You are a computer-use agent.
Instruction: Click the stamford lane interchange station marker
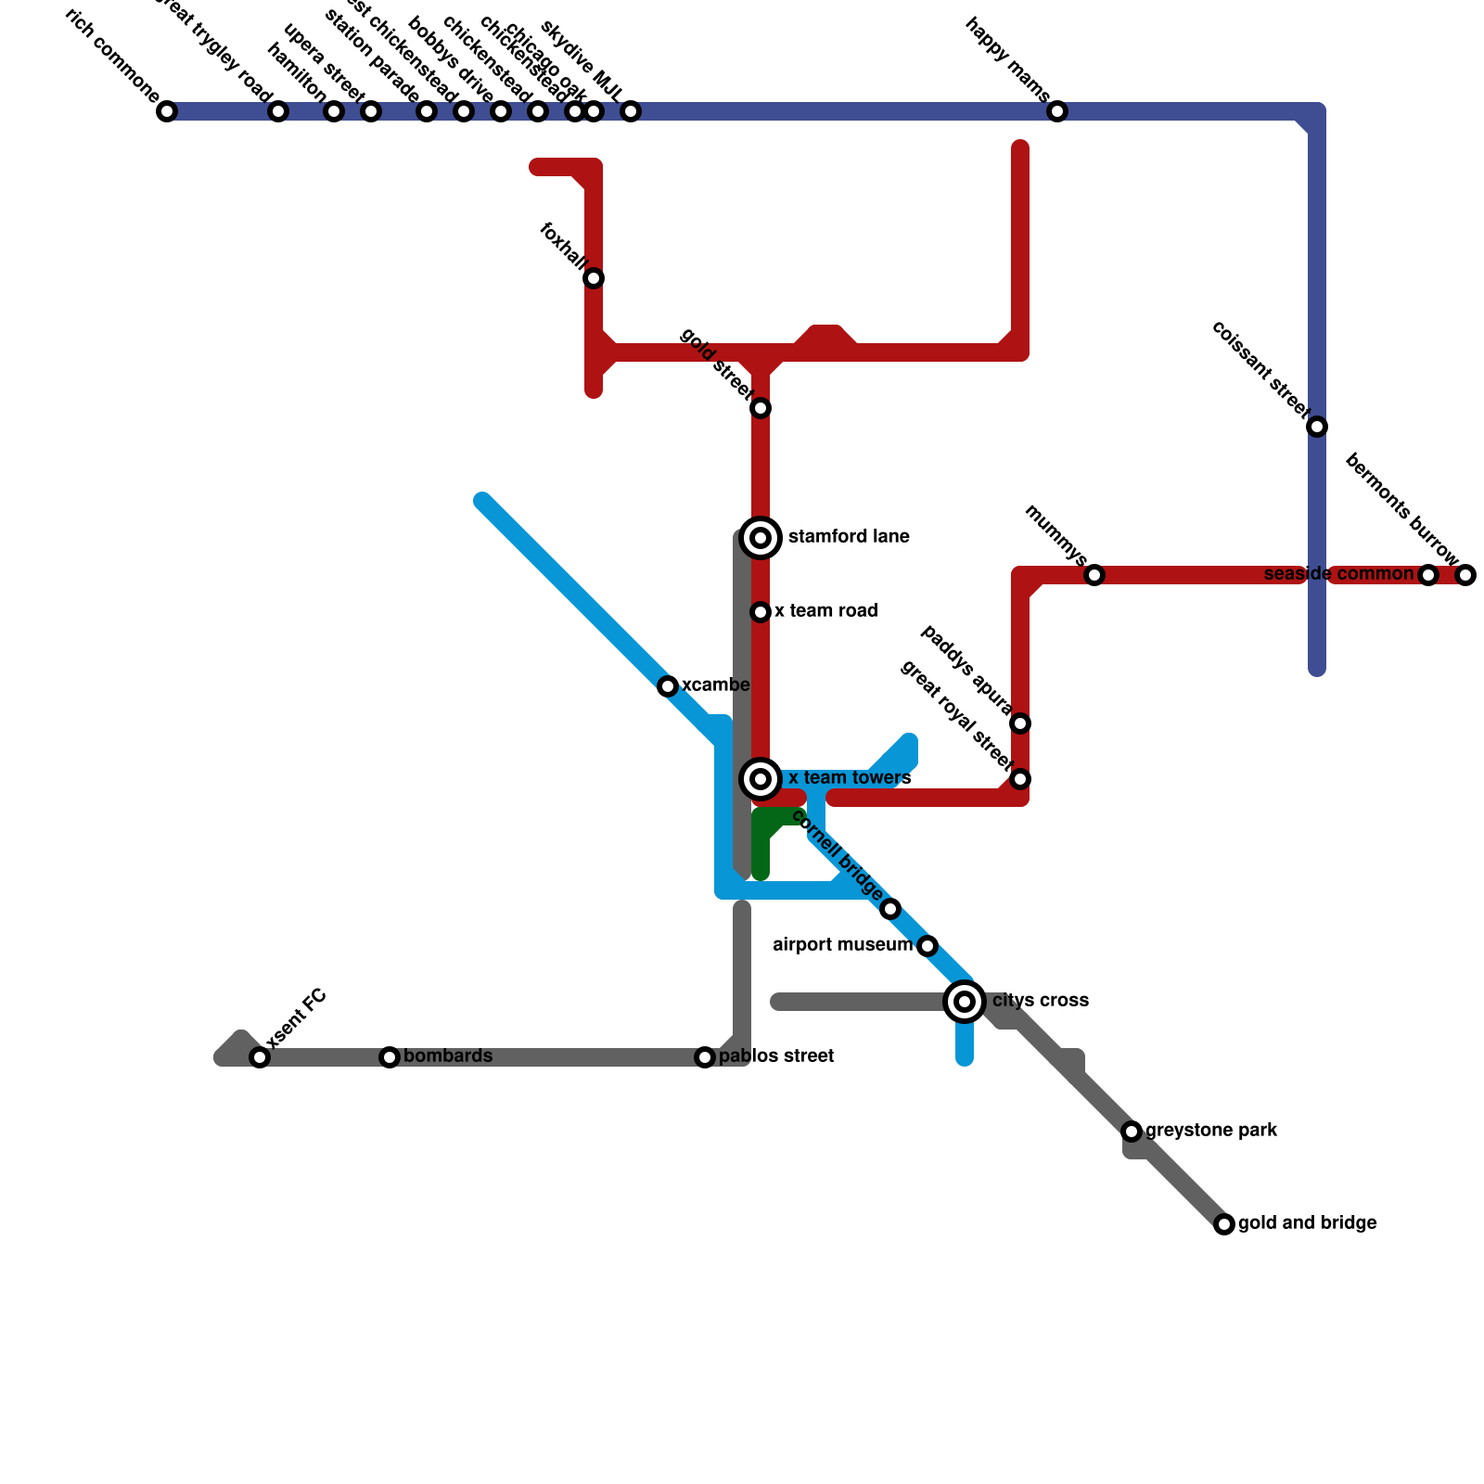(x=761, y=538)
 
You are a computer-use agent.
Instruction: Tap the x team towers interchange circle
(x=761, y=779)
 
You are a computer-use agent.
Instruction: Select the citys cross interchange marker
(x=965, y=1002)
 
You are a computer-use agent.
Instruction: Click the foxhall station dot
(x=594, y=278)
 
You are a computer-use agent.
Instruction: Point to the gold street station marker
(x=761, y=408)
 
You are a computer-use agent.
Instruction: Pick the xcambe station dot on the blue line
(x=668, y=686)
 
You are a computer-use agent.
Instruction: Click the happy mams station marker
(x=1057, y=111)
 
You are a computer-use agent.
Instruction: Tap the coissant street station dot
(x=1317, y=427)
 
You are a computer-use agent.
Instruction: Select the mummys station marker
(x=1094, y=575)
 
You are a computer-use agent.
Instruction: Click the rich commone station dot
(x=167, y=111)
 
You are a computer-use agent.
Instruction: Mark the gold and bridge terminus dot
(x=1224, y=1224)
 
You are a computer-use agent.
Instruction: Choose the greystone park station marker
(x=1132, y=1132)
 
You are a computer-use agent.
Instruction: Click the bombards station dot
(x=390, y=1057)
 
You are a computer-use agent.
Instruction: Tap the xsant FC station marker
(x=260, y=1057)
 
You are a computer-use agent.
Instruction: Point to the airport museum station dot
(x=927, y=946)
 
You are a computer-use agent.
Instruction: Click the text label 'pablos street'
(x=776, y=1056)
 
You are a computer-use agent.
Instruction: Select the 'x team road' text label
(x=825, y=611)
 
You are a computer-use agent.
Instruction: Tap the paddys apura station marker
(x=1020, y=723)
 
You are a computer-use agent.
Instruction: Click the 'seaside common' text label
(x=1338, y=574)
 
